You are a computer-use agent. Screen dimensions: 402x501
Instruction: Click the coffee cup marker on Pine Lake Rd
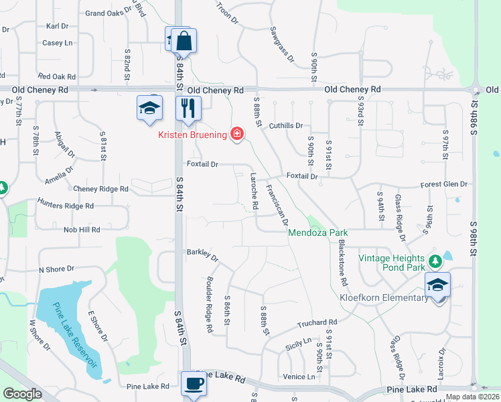[x=194, y=384]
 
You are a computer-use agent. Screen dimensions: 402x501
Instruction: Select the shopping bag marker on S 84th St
[x=183, y=41]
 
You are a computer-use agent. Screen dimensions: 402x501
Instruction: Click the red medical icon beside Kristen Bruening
[x=236, y=135]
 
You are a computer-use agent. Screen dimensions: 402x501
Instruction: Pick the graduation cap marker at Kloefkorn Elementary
[x=437, y=285]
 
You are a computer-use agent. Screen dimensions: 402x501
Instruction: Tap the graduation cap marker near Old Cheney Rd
[x=150, y=107]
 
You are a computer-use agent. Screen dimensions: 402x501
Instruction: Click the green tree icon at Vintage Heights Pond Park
[x=434, y=259]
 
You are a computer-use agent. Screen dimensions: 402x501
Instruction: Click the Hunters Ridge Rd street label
[x=66, y=206]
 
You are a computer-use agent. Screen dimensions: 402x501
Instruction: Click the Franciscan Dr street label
[x=277, y=204]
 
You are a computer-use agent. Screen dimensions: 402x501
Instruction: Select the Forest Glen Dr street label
[x=443, y=184]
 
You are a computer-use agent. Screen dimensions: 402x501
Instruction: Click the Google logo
[x=23, y=394]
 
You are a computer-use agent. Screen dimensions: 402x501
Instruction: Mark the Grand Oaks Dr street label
[x=106, y=13]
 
